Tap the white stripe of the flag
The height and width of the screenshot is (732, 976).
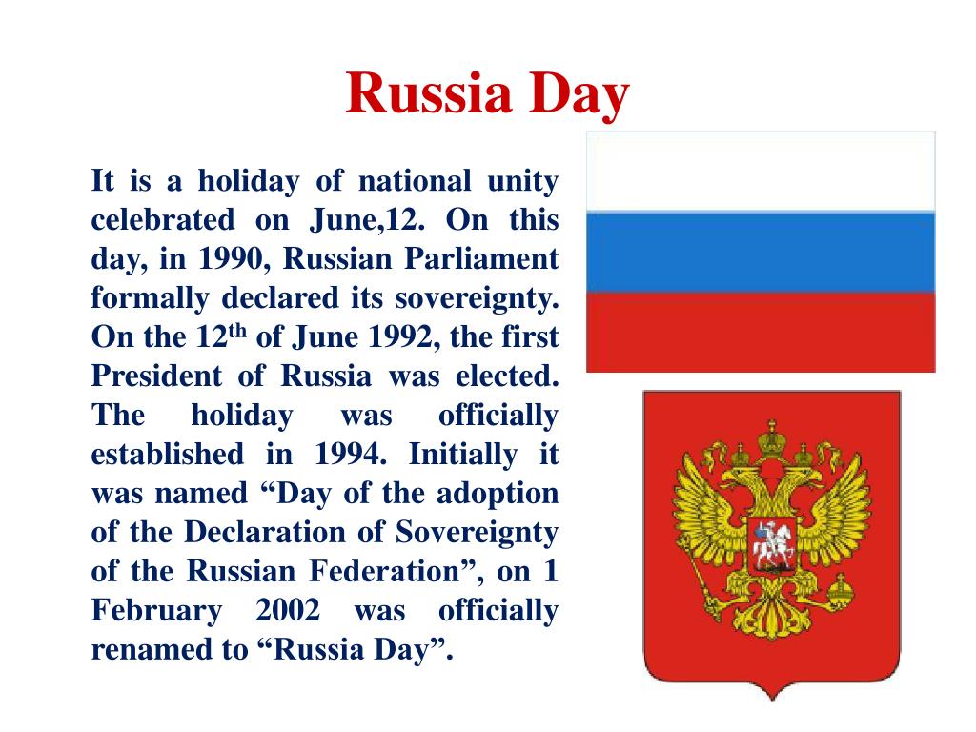coord(760,172)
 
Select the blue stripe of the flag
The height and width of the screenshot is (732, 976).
coord(760,252)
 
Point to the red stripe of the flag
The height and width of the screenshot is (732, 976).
coord(760,332)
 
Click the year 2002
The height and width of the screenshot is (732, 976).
coord(288,611)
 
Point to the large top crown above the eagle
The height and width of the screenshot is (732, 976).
coord(769,440)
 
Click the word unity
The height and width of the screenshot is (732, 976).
coord(521,181)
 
